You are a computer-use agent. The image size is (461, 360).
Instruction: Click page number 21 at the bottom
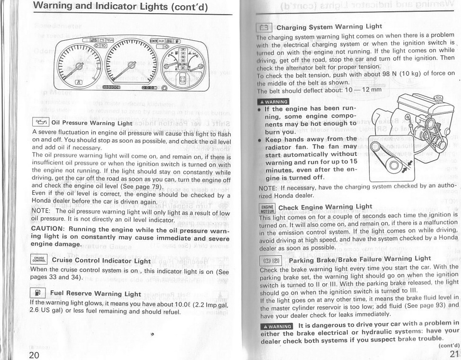(454, 353)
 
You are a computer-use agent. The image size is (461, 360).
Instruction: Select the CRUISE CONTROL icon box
(38, 259)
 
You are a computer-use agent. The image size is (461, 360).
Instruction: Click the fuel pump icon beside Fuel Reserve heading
(37, 293)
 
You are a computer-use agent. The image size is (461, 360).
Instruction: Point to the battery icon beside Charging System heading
(263, 27)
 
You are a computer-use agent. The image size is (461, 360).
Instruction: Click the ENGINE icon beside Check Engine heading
(267, 208)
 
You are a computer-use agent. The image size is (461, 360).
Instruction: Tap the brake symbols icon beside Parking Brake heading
(271, 261)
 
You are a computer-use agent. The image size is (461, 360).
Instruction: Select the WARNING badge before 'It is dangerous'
(277, 326)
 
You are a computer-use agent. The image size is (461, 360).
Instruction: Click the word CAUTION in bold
(47, 229)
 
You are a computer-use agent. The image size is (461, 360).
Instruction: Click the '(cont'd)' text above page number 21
(449, 345)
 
